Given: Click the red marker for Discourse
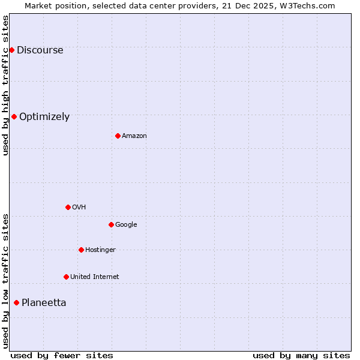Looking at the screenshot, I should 11,50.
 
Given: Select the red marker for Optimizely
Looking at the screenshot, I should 14,116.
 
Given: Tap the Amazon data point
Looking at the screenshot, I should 118,136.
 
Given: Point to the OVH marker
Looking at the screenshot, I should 68,207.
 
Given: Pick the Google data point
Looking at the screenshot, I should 111,224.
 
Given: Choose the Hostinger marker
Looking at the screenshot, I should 81,250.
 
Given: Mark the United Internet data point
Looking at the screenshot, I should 66,277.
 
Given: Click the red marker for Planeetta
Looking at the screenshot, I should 16,302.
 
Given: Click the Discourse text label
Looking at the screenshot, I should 40,50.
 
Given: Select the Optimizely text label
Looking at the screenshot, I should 44,117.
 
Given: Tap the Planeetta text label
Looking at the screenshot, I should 44,303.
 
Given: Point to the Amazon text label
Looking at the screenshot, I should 134,136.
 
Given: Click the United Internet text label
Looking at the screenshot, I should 95,277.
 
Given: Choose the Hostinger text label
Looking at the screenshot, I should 100,250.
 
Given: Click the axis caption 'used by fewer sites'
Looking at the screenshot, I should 62,355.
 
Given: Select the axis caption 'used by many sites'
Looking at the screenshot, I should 301,355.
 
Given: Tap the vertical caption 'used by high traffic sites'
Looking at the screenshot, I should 6,86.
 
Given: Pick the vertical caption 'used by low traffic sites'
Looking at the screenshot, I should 6,280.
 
